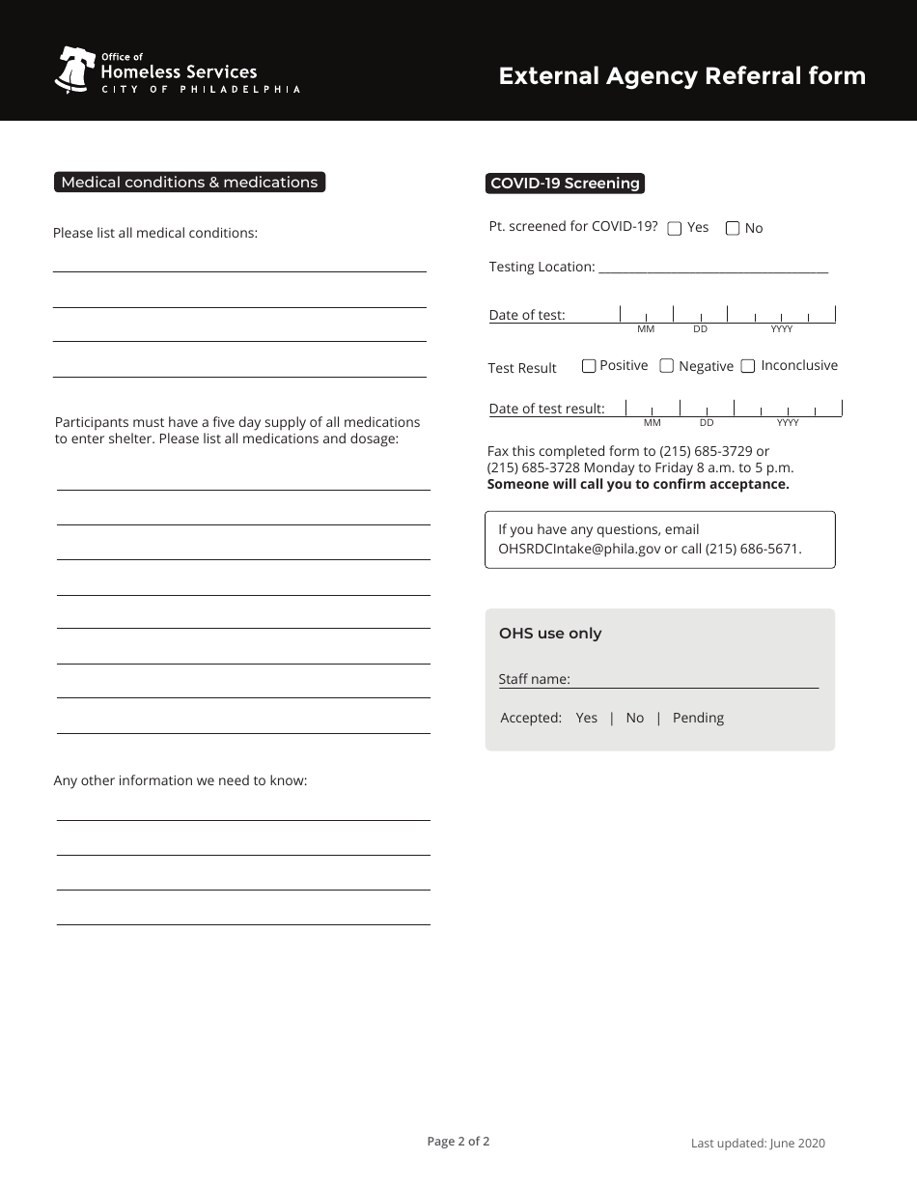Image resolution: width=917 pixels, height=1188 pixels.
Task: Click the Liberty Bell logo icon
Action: pos(73,70)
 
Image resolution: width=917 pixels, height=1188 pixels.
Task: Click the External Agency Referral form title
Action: pos(681,76)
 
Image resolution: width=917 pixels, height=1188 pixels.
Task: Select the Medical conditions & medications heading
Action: pos(189,182)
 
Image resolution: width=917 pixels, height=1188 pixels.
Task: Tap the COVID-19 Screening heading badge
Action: pos(565,183)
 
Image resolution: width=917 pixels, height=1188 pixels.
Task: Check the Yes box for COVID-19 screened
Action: pos(675,229)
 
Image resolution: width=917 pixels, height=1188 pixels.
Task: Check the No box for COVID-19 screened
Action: pos(733,229)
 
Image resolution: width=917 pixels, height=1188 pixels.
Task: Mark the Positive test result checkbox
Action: pos(589,366)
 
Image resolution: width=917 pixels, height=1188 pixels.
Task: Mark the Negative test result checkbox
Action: pos(666,366)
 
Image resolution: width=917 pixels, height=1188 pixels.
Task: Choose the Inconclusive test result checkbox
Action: pos(748,366)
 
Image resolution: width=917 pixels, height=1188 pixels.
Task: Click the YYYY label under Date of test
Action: pos(782,329)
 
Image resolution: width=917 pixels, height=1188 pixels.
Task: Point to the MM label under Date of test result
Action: pos(653,423)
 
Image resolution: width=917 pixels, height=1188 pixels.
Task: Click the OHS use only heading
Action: pos(550,634)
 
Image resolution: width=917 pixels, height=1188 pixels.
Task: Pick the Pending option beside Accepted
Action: pos(698,718)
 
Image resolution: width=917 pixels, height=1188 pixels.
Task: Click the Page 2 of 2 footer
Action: pos(458,1141)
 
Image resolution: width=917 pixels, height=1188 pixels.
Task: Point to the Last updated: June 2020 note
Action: pos(758,1144)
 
